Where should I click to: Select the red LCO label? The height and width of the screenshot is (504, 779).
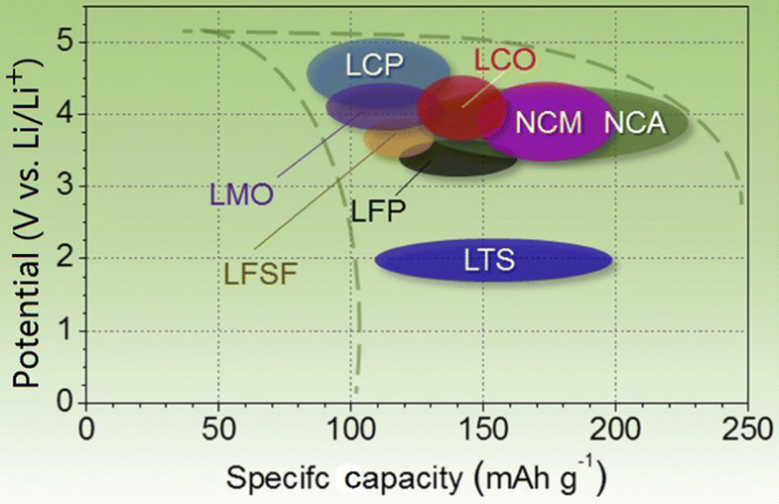point(505,61)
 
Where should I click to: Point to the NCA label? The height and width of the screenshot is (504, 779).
point(633,123)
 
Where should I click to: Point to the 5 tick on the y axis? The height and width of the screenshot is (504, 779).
point(65,43)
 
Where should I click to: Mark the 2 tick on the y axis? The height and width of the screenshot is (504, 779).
point(65,259)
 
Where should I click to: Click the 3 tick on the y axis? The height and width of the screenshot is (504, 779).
point(65,187)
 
